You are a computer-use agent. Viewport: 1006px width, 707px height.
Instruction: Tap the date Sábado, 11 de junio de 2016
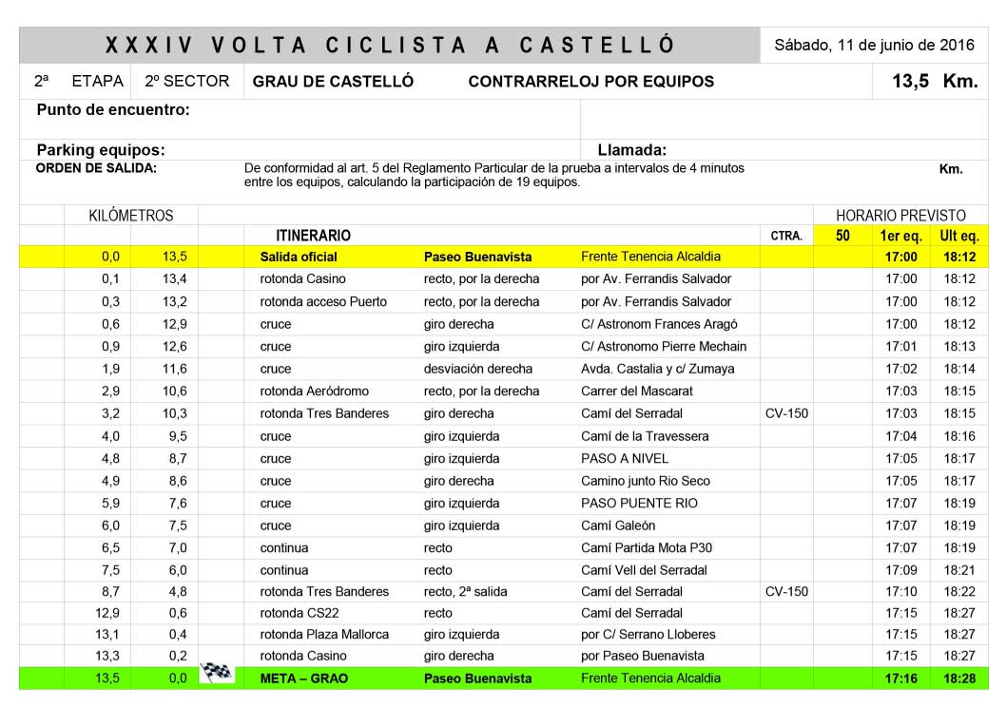coord(875,45)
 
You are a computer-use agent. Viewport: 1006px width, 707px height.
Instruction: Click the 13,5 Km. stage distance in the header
coord(935,81)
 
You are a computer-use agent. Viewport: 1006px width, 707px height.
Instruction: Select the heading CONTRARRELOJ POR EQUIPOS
coord(590,82)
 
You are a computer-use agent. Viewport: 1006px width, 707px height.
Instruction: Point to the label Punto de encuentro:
coord(113,110)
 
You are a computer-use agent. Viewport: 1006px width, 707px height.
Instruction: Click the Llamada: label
coord(631,150)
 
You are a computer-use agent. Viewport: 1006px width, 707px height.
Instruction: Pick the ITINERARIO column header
coord(313,235)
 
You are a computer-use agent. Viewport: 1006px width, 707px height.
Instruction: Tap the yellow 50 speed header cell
coord(842,235)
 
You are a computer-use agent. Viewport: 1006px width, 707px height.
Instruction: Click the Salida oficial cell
coord(299,257)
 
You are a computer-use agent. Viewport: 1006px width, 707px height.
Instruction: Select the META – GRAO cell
coord(304,678)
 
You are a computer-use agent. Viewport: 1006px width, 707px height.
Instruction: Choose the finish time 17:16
coord(900,678)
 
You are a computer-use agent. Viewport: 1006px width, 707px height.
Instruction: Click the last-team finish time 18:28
coord(958,678)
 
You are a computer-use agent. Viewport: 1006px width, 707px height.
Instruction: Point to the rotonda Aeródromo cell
coord(314,392)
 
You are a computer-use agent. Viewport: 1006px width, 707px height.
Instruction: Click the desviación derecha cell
coord(477,369)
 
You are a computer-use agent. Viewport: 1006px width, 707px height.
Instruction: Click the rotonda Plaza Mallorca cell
coord(324,635)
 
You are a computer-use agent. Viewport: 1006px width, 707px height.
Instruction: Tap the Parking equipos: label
coord(101,150)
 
